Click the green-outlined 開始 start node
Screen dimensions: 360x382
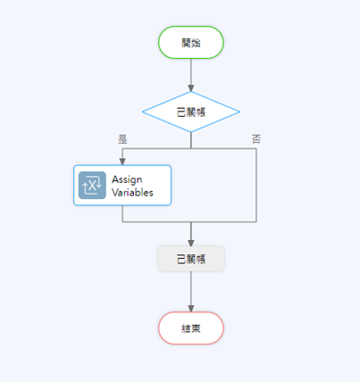pos(191,42)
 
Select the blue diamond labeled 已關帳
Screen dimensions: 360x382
pos(191,112)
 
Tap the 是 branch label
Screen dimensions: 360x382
pos(122,139)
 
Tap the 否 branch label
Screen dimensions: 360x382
pos(256,138)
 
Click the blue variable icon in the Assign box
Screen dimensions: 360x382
pos(92,185)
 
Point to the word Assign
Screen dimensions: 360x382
pos(127,179)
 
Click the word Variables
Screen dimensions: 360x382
pos(132,193)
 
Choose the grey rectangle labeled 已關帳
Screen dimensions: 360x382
pos(191,259)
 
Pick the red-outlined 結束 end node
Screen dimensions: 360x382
pos(191,328)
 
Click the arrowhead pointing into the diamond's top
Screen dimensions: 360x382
pos(191,88)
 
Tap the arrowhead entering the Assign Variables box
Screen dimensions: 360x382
pos(122,162)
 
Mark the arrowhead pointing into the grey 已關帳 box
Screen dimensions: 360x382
pos(191,243)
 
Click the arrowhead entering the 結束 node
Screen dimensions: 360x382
pos(191,309)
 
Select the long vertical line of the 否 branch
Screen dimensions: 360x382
pos(256,185)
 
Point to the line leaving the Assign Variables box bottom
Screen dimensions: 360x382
pos(122,213)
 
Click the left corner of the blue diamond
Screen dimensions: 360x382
pos(143,112)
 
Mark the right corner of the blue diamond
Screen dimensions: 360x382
pos(239,112)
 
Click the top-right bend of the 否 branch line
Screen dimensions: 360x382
pos(256,148)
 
